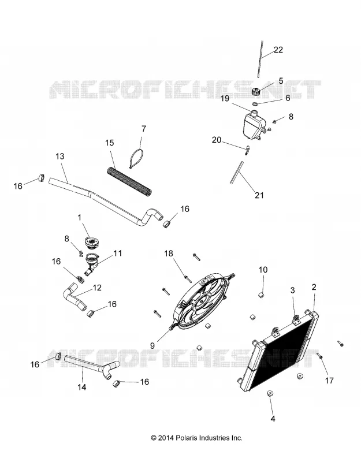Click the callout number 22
click(x=278, y=50)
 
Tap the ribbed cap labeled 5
click(x=257, y=91)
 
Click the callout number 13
click(x=60, y=156)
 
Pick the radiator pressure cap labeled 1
click(x=92, y=244)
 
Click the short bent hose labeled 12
click(x=74, y=296)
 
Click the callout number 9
click(x=152, y=345)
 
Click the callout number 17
click(x=329, y=381)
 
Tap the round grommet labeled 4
click(x=269, y=394)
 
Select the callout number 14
click(x=82, y=387)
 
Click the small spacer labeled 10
click(x=261, y=295)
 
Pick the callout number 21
click(x=259, y=195)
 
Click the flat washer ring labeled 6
click(x=255, y=103)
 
